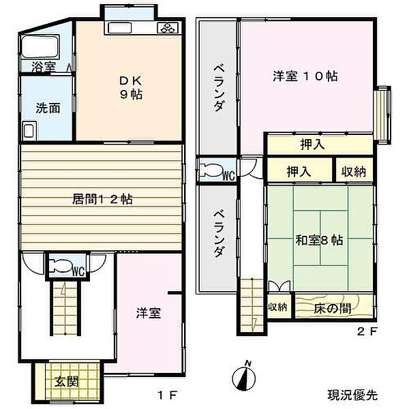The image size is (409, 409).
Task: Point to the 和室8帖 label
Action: coord(319,241)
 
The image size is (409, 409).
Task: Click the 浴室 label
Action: coord(44,67)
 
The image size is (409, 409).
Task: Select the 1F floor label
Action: coord(168,394)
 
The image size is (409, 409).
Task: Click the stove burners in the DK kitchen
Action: coord(168,28)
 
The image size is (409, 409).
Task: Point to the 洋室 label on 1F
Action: coord(148,313)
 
